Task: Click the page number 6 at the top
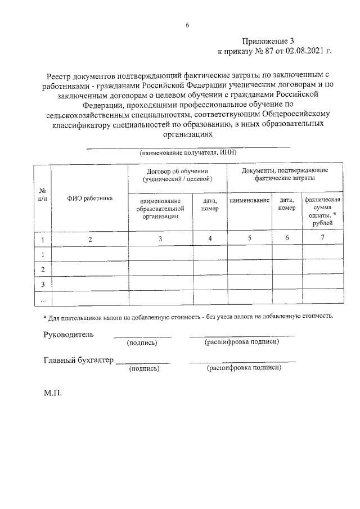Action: tap(187, 25)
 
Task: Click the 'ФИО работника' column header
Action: tap(90, 198)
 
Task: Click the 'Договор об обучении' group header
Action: tap(177, 174)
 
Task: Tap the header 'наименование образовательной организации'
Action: tap(161, 208)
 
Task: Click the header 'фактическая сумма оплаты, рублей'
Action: tap(322, 211)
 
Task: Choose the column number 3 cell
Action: tap(160, 239)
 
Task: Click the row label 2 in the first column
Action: tap(42, 269)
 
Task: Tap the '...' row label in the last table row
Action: tap(42, 300)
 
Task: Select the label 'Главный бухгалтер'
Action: tap(78, 361)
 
